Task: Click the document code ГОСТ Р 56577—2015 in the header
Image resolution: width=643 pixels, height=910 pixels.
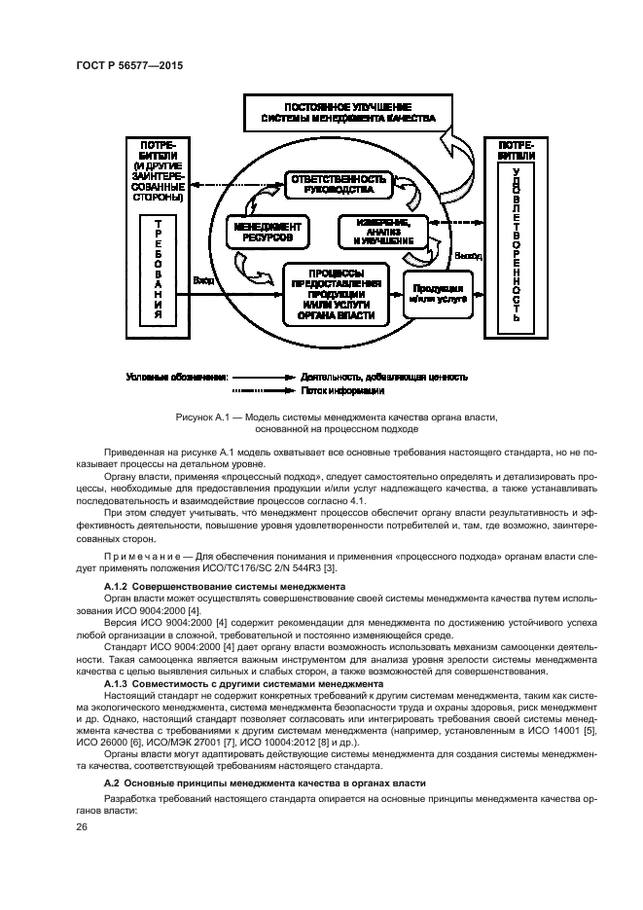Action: (x=129, y=64)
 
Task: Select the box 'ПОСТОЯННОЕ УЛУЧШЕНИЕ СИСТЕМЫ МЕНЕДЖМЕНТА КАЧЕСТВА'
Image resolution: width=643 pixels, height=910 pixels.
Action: (x=347, y=112)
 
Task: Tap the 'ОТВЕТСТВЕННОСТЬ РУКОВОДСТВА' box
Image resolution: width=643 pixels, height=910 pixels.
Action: (x=336, y=185)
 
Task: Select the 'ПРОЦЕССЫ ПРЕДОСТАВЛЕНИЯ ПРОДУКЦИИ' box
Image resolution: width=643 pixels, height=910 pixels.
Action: (x=337, y=294)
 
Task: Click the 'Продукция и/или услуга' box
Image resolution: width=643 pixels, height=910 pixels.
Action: (x=438, y=294)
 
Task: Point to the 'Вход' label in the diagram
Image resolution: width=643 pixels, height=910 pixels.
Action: (x=203, y=280)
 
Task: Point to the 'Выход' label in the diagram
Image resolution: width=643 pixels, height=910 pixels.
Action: (x=468, y=255)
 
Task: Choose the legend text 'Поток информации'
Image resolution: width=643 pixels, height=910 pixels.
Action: (x=341, y=390)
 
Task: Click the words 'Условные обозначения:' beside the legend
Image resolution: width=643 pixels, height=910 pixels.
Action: (x=177, y=376)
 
